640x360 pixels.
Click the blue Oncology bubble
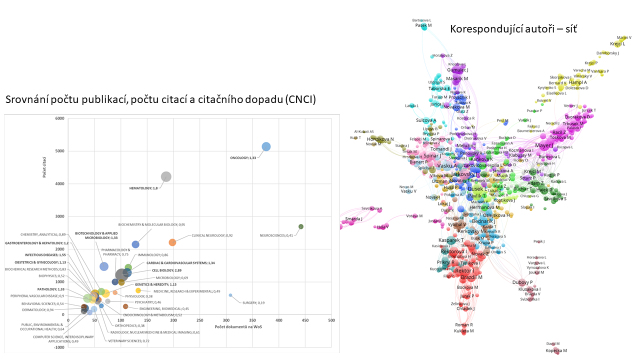point(266,146)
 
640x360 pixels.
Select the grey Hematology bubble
point(166,176)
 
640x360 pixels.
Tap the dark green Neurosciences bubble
point(301,226)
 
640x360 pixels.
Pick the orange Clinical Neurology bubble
point(172,242)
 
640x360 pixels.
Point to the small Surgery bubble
point(230,295)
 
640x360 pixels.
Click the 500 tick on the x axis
point(331,320)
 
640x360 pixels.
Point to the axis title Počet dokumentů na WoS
point(239,327)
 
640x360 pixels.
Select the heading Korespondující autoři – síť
point(513,28)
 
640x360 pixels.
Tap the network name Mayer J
point(544,146)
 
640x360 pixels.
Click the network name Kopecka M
point(556,351)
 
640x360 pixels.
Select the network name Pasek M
point(423,25)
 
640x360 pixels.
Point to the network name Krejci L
point(617,44)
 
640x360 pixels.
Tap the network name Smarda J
point(354,219)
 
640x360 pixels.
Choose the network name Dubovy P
point(522,282)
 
